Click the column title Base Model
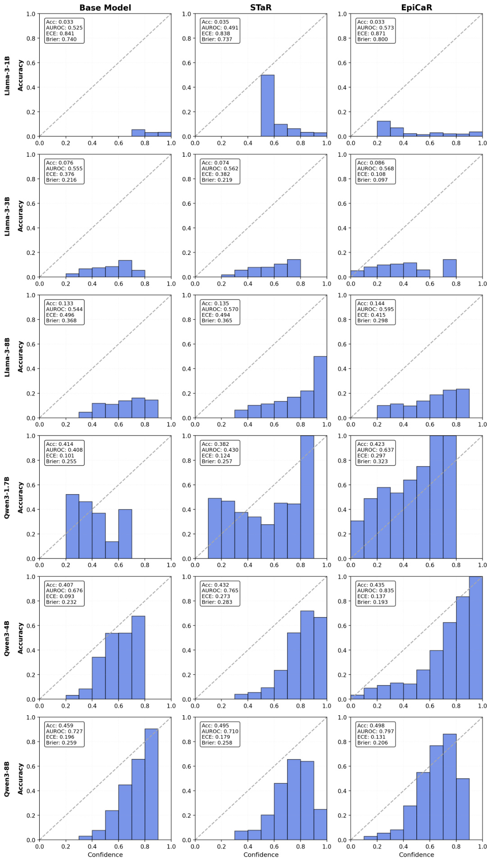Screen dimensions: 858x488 [105, 8]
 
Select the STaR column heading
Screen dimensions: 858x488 [260, 8]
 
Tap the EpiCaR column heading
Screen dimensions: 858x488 [416, 8]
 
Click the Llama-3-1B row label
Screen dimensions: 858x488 [7, 76]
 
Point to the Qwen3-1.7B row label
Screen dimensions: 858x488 [7, 497]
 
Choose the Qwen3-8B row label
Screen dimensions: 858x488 [7, 779]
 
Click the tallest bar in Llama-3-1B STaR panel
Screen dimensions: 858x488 [267, 106]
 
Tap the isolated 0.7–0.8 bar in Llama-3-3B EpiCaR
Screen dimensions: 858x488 [450, 268]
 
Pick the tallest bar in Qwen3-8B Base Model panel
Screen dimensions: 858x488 [151, 784]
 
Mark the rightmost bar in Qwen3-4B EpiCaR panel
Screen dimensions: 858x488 [476, 638]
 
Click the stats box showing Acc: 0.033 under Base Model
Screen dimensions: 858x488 [64, 31]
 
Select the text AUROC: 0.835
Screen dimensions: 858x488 [375, 590]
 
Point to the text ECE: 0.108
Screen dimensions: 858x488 [372, 174]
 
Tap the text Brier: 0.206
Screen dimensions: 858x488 [372, 743]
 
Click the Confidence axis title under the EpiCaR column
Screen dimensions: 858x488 [416, 854]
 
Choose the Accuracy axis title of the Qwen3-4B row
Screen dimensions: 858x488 [20, 638]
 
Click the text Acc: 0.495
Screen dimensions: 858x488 [215, 726]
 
